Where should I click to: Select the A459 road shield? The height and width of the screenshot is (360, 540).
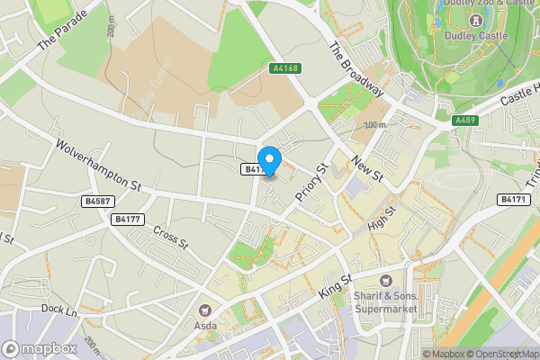(x=464, y=120)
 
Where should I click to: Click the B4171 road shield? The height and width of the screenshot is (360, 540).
(x=514, y=199)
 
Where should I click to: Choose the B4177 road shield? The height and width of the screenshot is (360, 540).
(x=128, y=219)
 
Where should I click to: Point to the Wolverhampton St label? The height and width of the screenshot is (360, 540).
(x=99, y=163)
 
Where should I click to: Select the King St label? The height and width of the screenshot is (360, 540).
(x=333, y=287)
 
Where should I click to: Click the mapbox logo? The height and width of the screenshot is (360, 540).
(x=40, y=347)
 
